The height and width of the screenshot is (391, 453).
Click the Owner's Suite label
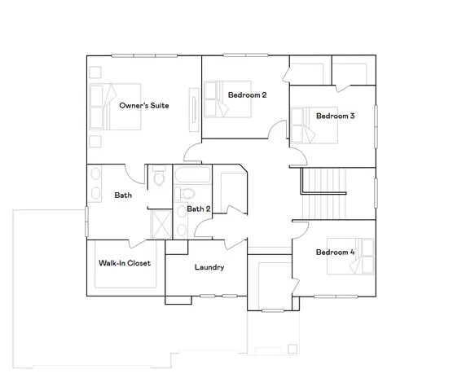pos(143,106)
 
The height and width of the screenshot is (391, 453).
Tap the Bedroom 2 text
pos(248,95)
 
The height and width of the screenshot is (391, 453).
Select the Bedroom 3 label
pos(335,116)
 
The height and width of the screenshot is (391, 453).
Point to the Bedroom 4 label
pos(335,252)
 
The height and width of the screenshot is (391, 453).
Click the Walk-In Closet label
pos(125,263)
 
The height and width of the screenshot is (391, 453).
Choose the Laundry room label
pos(209,267)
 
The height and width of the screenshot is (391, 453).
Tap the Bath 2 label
pos(199,209)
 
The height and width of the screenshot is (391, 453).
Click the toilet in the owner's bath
pos(159,176)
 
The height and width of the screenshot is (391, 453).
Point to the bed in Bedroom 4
pos(358,259)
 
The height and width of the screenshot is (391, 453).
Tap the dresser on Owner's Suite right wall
pos(194,109)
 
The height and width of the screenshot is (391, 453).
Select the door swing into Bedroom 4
pos(299,231)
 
